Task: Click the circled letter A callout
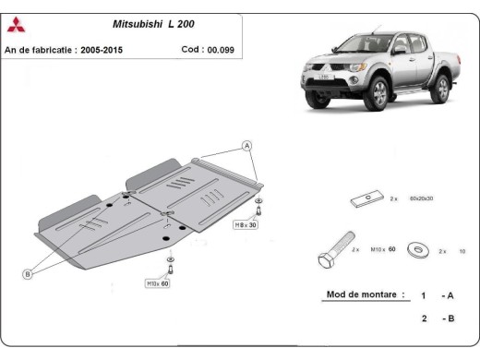[246, 146]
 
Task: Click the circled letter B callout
[28, 273]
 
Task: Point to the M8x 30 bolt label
[246, 224]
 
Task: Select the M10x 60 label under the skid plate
[157, 283]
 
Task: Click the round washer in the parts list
[416, 249]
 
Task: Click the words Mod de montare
[365, 295]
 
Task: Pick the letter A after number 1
[450, 296]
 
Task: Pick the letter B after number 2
[450, 318]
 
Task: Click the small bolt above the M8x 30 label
[259, 208]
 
